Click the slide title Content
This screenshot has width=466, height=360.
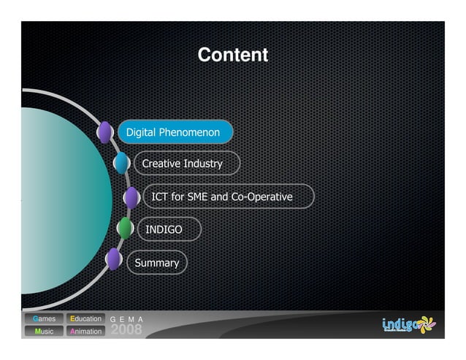point(232,55)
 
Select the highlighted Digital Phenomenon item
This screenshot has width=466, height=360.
point(173,133)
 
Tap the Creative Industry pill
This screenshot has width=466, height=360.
point(183,164)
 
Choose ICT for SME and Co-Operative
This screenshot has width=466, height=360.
point(222,197)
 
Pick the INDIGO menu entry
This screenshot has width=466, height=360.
point(164,230)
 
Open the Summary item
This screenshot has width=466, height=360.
point(157,263)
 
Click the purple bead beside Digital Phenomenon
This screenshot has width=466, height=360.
point(105,132)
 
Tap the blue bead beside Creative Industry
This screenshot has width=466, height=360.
point(121,163)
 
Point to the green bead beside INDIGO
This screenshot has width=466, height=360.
point(126,229)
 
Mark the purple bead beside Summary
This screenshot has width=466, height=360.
point(113,259)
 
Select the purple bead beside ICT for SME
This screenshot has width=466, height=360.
point(131,197)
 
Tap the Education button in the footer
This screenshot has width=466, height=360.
point(85,319)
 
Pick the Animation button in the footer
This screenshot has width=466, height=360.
point(85,332)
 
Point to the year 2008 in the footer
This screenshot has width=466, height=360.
point(126,330)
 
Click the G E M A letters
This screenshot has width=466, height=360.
point(126,319)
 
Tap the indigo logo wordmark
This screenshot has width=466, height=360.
point(399,324)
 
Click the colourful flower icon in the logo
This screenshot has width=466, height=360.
point(426,323)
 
